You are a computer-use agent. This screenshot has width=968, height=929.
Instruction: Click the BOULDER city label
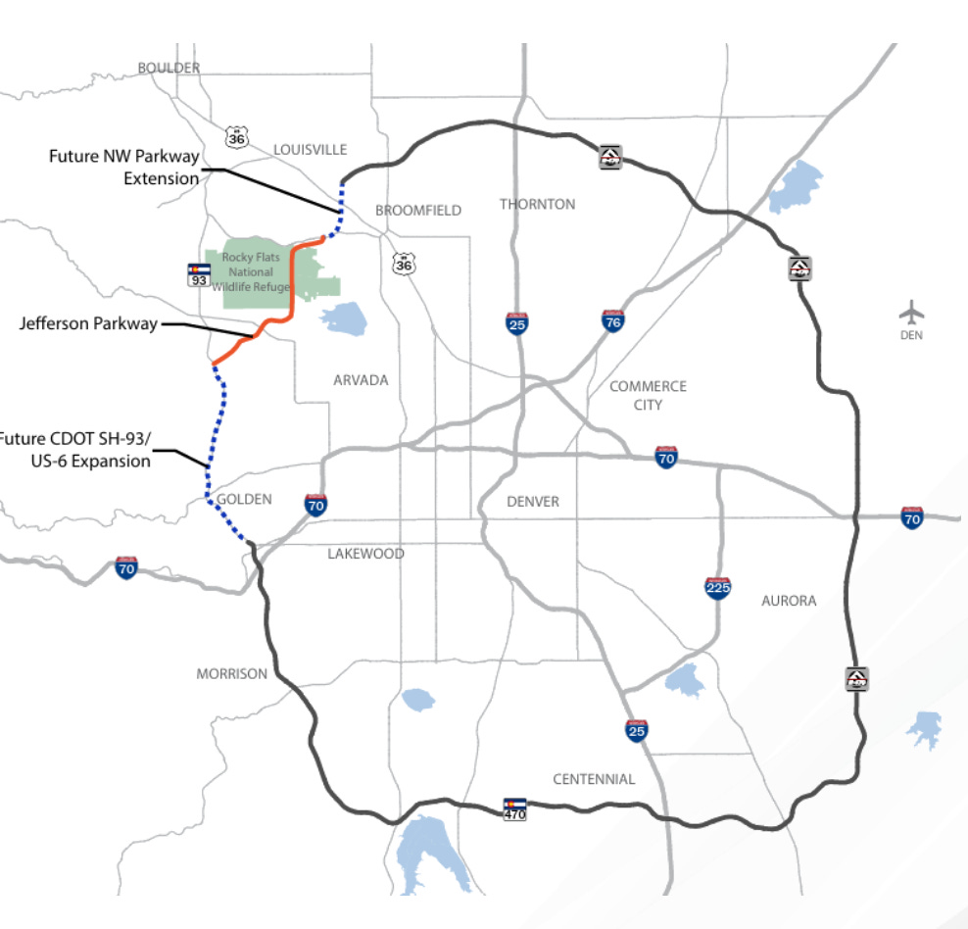(x=169, y=68)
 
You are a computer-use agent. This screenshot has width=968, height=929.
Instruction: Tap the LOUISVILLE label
(x=310, y=149)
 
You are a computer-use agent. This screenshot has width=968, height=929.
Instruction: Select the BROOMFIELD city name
(x=417, y=211)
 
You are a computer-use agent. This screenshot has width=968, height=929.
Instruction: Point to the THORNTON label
(x=537, y=204)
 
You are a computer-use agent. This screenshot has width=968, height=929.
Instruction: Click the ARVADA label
(x=361, y=380)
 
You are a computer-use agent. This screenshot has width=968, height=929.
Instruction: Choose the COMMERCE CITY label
(x=648, y=395)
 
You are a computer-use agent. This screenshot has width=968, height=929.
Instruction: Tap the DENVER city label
(x=533, y=502)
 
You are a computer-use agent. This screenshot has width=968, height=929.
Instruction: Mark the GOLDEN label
(x=244, y=499)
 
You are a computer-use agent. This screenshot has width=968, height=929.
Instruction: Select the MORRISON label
(x=231, y=674)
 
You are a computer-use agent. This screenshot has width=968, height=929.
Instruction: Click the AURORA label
(x=789, y=601)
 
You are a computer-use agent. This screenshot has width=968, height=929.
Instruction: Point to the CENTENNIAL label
(x=594, y=779)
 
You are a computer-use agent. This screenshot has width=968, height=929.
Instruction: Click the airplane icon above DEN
(x=912, y=314)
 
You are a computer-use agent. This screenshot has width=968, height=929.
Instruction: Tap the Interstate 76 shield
(x=613, y=320)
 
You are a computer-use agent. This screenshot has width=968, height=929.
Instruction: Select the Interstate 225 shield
(x=717, y=588)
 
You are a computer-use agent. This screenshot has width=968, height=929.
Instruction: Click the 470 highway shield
(x=514, y=807)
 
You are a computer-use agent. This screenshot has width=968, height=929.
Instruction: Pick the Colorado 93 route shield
(x=199, y=273)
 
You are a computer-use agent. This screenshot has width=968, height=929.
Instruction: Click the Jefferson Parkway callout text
(x=88, y=324)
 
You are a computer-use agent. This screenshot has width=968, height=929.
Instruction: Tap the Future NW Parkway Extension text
(x=124, y=167)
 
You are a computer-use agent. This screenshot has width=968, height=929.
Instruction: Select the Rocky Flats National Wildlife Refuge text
(x=256, y=272)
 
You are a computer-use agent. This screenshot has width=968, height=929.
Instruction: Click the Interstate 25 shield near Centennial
(x=637, y=730)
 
